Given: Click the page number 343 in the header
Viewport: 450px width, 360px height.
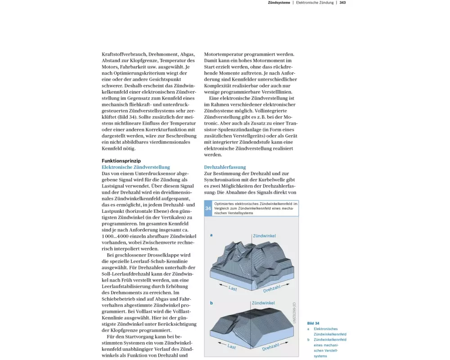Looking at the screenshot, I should (x=342, y=3).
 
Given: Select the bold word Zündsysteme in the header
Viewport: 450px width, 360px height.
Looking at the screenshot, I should (x=279, y=3).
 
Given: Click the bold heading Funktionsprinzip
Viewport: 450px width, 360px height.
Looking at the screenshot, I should (x=121, y=161).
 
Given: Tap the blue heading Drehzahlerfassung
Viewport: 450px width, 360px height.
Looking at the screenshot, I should (x=225, y=167).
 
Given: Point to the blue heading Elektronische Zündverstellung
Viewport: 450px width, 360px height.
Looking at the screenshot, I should (x=136, y=167).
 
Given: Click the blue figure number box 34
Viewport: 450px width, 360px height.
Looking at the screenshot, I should (x=208, y=208).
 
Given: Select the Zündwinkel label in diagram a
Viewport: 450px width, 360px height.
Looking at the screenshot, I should (x=264, y=236).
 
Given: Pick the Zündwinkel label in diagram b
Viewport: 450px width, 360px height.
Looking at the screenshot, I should (x=263, y=303).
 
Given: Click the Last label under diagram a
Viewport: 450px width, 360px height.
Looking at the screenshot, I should (x=233, y=288).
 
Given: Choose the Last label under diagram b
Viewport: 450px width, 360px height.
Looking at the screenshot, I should (x=231, y=346).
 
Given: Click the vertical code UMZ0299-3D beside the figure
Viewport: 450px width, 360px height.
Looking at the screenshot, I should (x=294, y=311).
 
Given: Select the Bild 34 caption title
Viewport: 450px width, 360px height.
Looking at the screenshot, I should (x=313, y=323).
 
